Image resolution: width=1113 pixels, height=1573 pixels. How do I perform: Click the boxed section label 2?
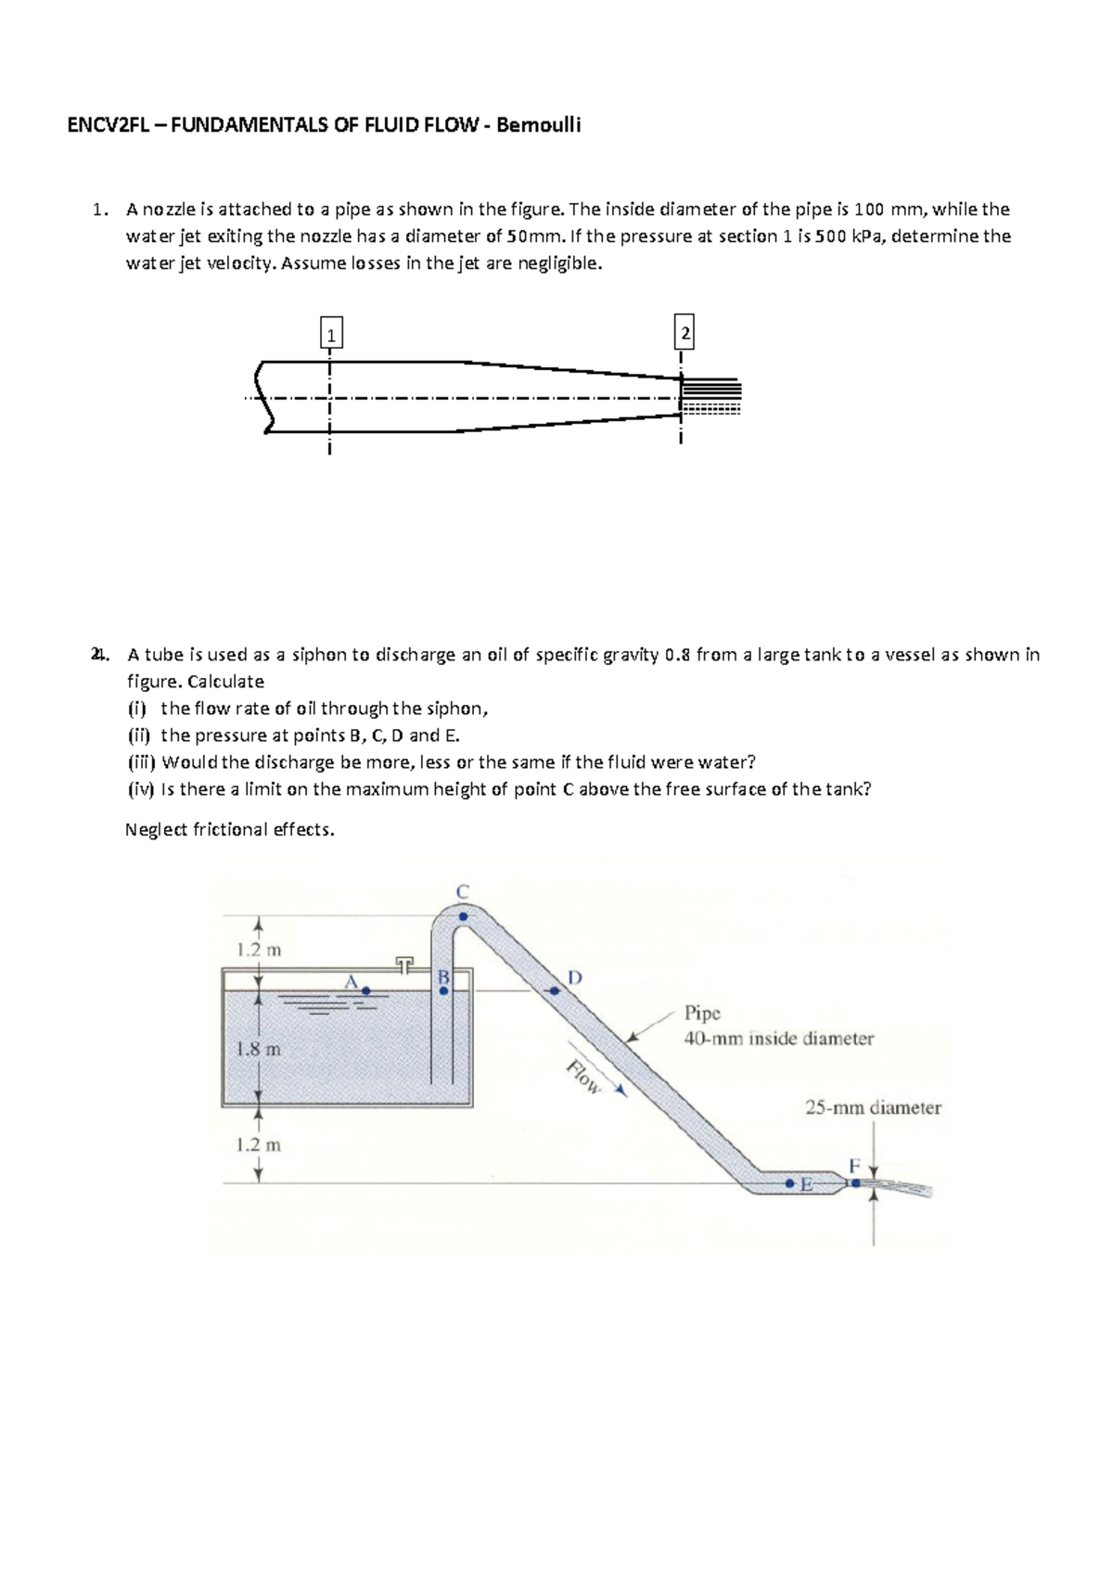(x=684, y=332)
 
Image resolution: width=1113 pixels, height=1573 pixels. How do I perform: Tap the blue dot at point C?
(x=464, y=916)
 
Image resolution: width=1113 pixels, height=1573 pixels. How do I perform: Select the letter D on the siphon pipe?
(x=575, y=978)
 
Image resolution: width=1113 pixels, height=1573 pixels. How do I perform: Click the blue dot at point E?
(x=789, y=1184)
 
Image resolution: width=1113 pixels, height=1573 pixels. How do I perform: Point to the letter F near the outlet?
(x=854, y=1165)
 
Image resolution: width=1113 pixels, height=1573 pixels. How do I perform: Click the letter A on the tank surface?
(x=351, y=981)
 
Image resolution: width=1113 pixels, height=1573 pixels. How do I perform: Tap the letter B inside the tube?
(x=443, y=977)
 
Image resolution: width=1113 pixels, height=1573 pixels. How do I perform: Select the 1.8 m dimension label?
(x=258, y=1050)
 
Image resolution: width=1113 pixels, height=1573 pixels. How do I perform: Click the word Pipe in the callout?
(x=702, y=1013)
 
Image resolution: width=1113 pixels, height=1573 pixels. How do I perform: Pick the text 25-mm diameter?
(x=872, y=1107)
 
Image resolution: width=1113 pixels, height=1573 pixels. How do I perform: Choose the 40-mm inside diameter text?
(x=778, y=1039)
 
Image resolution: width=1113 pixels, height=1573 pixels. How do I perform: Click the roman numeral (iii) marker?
(x=142, y=762)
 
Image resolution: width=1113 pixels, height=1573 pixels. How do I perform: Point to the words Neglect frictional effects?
(x=229, y=829)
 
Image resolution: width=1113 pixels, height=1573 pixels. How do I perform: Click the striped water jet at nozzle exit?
(x=712, y=397)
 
